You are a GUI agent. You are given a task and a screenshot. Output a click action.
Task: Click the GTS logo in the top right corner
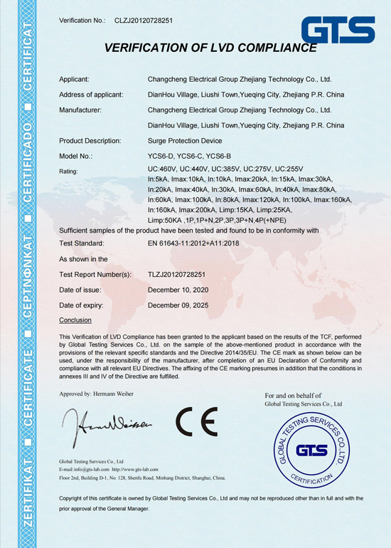pyautogui.click(x=338, y=30)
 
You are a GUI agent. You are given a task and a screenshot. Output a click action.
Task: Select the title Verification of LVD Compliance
pyautogui.click(x=210, y=48)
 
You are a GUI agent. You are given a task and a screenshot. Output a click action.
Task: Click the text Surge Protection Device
pyautogui.click(x=185, y=141)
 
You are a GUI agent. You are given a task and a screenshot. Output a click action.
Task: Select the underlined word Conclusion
pyautogui.click(x=75, y=320)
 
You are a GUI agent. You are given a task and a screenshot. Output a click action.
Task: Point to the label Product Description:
pyautogui.click(x=90, y=141)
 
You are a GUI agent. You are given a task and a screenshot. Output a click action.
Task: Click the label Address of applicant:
pyautogui.click(x=91, y=95)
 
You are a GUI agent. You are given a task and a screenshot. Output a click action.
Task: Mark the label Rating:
pyautogui.click(x=69, y=172)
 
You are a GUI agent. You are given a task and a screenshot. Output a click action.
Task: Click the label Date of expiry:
pyautogui.click(x=82, y=305)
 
